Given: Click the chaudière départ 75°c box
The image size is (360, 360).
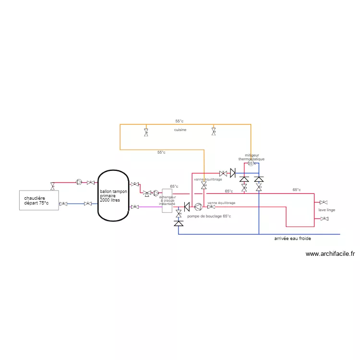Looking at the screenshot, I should pyautogui.click(x=38, y=200).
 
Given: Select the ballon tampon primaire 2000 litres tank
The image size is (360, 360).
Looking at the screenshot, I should pyautogui.click(x=113, y=195).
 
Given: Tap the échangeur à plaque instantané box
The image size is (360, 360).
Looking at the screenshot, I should pyautogui.click(x=167, y=200).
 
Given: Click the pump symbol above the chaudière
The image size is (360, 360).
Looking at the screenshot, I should pyautogui.click(x=79, y=182).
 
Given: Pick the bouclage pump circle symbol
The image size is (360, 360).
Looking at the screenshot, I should pyautogui.click(x=198, y=207).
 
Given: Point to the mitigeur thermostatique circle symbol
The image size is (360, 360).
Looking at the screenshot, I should pyautogui.click(x=251, y=164).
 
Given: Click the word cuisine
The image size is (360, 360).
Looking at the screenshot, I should pyautogui.click(x=180, y=130).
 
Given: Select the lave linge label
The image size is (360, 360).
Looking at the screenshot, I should pyautogui.click(x=327, y=210).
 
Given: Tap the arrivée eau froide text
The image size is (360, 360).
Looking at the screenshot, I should pyautogui.click(x=293, y=239).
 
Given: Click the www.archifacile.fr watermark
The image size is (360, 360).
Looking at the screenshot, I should pyautogui.click(x=330, y=254).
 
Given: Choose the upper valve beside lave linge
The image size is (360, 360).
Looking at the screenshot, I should pyautogui.click(x=324, y=203).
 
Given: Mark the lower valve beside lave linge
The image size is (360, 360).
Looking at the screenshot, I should pyautogui.click(x=324, y=219).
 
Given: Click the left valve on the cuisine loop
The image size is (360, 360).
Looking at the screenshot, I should pyautogui.click(x=146, y=132).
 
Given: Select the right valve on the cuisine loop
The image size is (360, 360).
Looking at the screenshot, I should pyautogui.click(x=214, y=131).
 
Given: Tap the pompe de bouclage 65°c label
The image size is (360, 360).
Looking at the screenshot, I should pyautogui.click(x=209, y=216).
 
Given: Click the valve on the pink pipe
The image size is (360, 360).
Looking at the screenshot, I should pyautogui.click(x=135, y=207).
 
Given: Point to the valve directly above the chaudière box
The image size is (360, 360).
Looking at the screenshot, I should pyautogui.click(x=52, y=186).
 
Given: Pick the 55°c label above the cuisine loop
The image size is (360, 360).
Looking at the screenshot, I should pyautogui.click(x=179, y=121).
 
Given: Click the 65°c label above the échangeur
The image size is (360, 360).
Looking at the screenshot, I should pyautogui.click(x=174, y=186).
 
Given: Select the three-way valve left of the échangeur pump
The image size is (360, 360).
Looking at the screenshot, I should pyautogui.click(x=146, y=193).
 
